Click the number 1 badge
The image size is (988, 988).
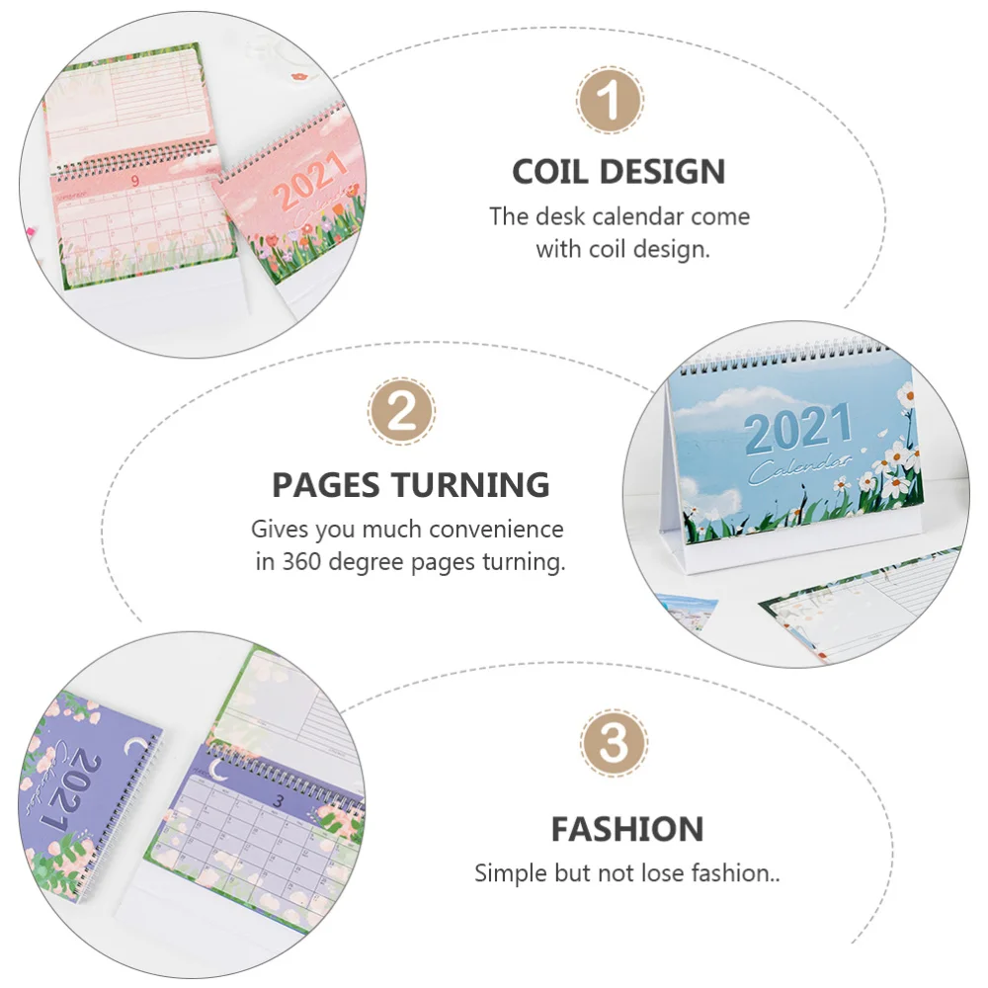611,101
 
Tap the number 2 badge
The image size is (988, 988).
402,412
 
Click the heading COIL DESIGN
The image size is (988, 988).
618,171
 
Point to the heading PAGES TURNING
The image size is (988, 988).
410,485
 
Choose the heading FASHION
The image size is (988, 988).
627,829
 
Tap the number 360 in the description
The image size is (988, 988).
302,563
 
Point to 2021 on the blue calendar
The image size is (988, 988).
797,429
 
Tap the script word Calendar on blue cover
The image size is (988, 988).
800,467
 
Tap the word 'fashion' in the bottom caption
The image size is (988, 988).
738,873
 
